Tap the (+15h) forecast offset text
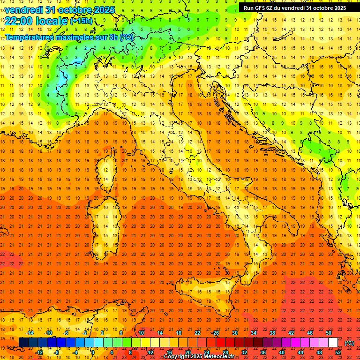pos(81,21)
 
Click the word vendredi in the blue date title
pos(24,9)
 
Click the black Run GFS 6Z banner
pos(295,7)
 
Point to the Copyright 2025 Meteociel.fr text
pos(199,357)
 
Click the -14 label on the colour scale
pos(30,333)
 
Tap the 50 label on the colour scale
pos(329,333)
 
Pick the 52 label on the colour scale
pos(338,352)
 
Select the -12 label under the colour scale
pos(40,352)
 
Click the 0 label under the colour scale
pos(93,352)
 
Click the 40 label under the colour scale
pos(282,352)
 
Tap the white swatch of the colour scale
pos(333,342)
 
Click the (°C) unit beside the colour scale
pos(349,343)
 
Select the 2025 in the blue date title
pos(104,9)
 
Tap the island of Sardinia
pos(106,225)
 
